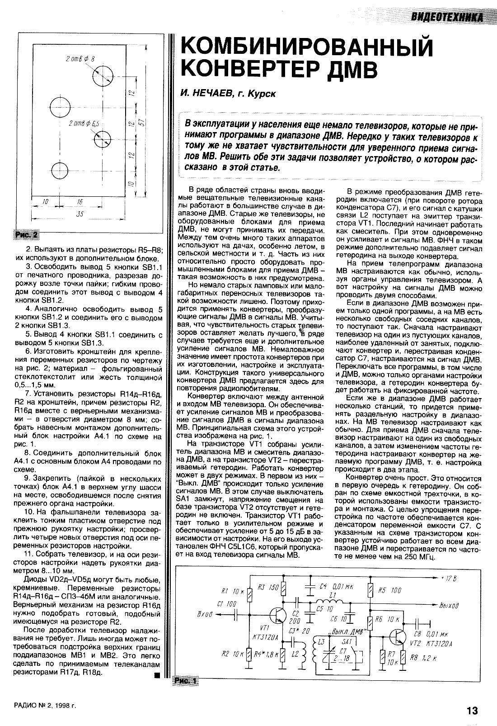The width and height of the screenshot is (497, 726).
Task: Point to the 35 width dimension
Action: (80, 214)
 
